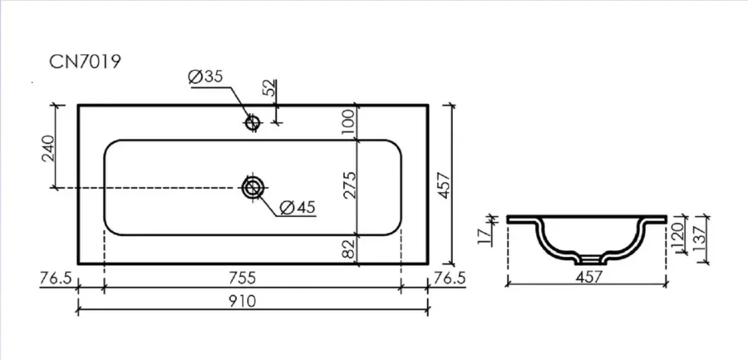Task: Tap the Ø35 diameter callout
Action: point(206,77)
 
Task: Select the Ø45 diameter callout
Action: point(297,208)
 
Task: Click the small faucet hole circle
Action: point(253,124)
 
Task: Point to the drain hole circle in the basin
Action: point(253,187)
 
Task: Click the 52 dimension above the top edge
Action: point(268,89)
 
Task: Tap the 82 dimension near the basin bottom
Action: point(348,249)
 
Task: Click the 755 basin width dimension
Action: point(252,279)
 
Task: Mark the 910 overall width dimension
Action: point(252,300)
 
